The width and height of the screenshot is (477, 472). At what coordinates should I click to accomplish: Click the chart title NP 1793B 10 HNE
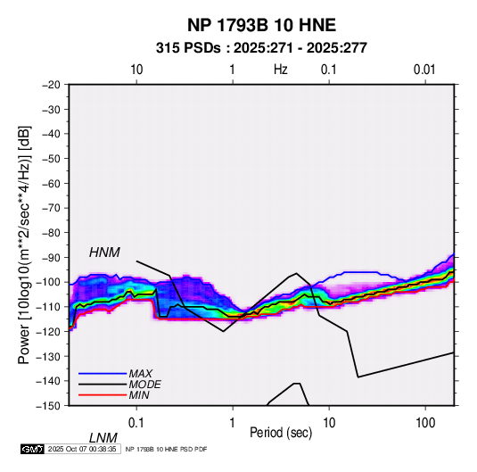pos(261,25)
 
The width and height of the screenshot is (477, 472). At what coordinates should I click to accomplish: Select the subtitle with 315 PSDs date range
pos(261,48)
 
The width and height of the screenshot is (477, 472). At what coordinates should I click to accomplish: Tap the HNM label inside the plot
pos(104,253)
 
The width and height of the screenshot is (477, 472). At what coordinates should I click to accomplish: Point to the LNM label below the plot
pos(103,438)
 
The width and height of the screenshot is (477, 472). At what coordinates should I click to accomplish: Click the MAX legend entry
pos(141,374)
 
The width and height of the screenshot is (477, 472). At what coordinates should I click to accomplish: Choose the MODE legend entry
pos(144,385)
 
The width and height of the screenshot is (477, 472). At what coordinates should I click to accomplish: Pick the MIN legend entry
pos(139,395)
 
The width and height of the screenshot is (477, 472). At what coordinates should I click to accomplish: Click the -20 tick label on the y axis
pos(51,85)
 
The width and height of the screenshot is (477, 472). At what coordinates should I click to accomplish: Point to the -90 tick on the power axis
pos(51,258)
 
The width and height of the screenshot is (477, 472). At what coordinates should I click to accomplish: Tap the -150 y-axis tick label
pos(48,406)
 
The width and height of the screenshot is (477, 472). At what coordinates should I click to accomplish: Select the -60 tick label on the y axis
pos(51,183)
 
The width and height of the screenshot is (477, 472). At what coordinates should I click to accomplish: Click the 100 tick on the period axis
pos(425,423)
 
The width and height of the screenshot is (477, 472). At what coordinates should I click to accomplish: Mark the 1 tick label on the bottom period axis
pos(233,423)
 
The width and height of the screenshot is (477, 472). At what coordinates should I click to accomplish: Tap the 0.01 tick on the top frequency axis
pos(424,70)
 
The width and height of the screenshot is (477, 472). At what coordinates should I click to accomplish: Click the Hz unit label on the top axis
pos(281,70)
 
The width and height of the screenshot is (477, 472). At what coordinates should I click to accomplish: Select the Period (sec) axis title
pos(281,433)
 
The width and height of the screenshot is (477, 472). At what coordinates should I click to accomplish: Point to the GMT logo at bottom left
pos(32,449)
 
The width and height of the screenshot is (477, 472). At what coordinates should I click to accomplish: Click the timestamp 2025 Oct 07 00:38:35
pos(82,449)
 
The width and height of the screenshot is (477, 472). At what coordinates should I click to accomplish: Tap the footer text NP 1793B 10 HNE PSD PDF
pos(166,449)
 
